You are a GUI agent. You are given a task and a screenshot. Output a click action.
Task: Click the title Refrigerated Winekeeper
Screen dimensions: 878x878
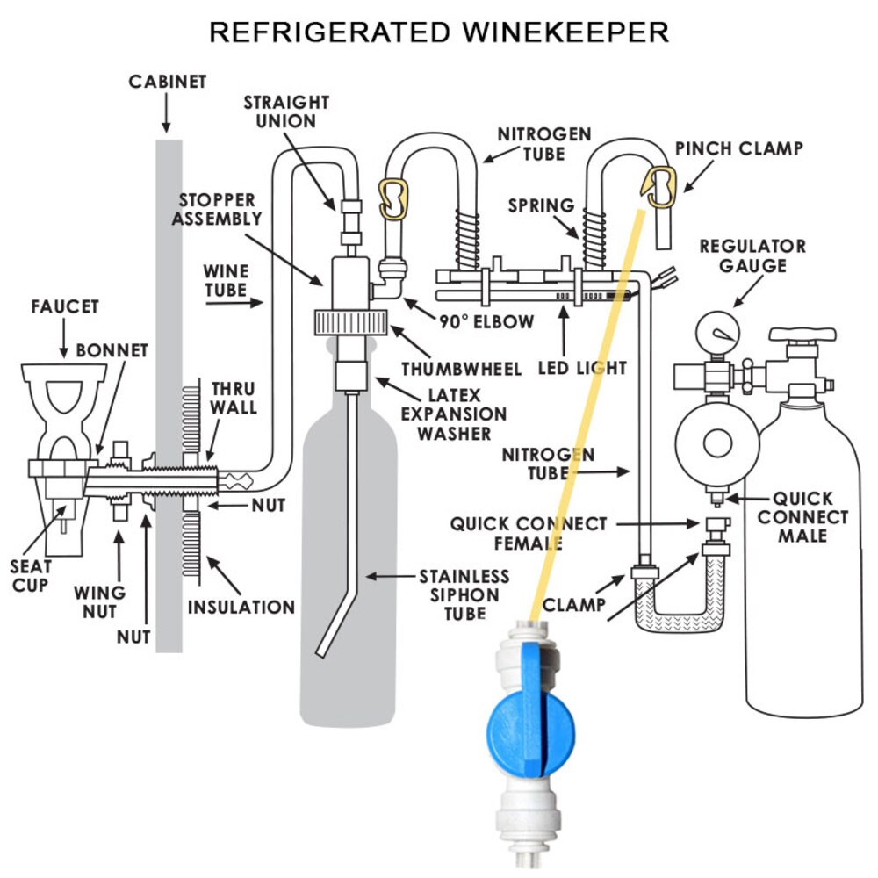tap(439, 32)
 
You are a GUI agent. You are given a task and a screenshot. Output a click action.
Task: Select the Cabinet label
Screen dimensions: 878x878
tap(168, 82)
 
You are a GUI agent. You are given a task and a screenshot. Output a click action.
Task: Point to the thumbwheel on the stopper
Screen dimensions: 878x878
tap(351, 322)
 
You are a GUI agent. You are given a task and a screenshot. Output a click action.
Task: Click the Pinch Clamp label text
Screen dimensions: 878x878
tap(738, 148)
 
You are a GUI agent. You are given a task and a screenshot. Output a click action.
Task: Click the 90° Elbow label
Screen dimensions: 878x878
tap(486, 322)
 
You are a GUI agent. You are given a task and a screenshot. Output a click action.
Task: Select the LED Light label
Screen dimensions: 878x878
tap(582, 368)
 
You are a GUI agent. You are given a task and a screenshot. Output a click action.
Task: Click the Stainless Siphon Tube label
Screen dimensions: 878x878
tap(464, 594)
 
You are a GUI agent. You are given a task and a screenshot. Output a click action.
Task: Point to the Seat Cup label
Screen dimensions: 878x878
tap(30, 576)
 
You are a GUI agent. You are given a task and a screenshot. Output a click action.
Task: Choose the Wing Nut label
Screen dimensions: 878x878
tap(100, 602)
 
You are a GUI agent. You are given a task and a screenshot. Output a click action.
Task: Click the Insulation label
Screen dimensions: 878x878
tap(241, 607)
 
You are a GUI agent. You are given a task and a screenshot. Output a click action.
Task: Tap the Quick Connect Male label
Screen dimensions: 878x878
tap(802, 517)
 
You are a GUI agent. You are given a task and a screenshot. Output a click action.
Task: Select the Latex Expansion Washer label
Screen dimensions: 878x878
tap(454, 414)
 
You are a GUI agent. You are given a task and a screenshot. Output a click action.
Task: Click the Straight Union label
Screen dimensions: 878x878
tap(286, 112)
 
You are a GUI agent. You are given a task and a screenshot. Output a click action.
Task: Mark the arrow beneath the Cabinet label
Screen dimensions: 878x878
tap(166, 112)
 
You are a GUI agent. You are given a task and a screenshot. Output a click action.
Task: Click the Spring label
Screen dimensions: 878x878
tap(541, 205)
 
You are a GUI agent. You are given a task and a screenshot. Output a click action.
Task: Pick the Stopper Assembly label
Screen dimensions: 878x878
tap(217, 209)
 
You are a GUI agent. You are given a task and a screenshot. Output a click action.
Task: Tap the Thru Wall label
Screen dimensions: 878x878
tap(234, 398)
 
